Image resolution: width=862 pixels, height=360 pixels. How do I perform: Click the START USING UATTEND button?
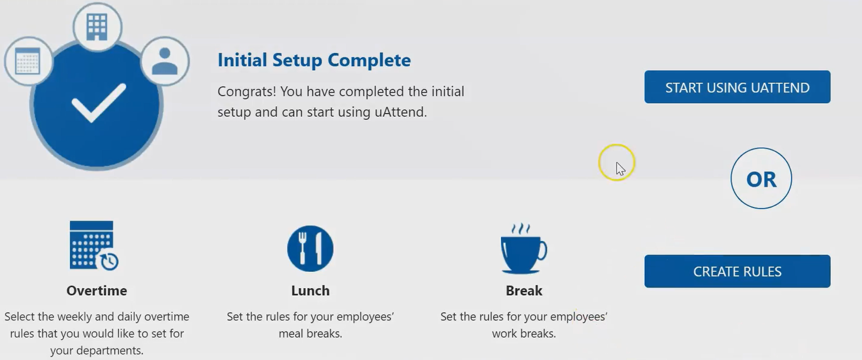[x=737, y=87]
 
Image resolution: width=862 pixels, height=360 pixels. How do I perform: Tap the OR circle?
[x=761, y=178]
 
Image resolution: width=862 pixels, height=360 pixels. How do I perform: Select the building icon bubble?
[x=97, y=26]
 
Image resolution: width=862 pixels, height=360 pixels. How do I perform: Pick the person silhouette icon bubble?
[x=165, y=61]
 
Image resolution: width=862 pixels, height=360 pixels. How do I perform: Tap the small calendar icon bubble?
[x=28, y=61]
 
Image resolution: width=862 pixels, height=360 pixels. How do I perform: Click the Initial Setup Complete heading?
[x=314, y=60]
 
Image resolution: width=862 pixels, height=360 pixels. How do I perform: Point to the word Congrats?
[x=247, y=92]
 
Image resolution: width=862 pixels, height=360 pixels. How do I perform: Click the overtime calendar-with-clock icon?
[x=94, y=246]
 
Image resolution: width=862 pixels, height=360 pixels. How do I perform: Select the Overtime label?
[x=97, y=291]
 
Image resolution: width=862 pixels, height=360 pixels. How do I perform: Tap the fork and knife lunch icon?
[x=310, y=248]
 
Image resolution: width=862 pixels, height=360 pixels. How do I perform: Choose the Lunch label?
[x=310, y=291]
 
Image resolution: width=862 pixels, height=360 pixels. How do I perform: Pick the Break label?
[x=524, y=291]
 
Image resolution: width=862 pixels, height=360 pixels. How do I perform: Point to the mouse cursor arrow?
[x=620, y=168]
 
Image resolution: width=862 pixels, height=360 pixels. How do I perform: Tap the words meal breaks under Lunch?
[x=310, y=334]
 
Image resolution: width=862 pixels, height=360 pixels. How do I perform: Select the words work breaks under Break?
[x=524, y=334]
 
